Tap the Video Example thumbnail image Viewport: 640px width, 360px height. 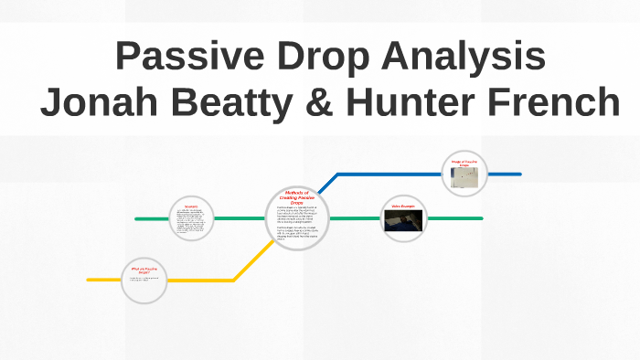coord(403,224)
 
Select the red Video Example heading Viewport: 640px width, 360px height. coord(403,207)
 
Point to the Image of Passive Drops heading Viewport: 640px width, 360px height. coord(465,164)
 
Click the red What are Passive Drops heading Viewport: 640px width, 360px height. coord(144,270)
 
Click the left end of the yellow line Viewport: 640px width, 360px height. coord(90,280)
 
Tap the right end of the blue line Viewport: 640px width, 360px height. coord(519,173)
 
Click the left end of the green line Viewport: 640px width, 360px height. coord(137,219)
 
